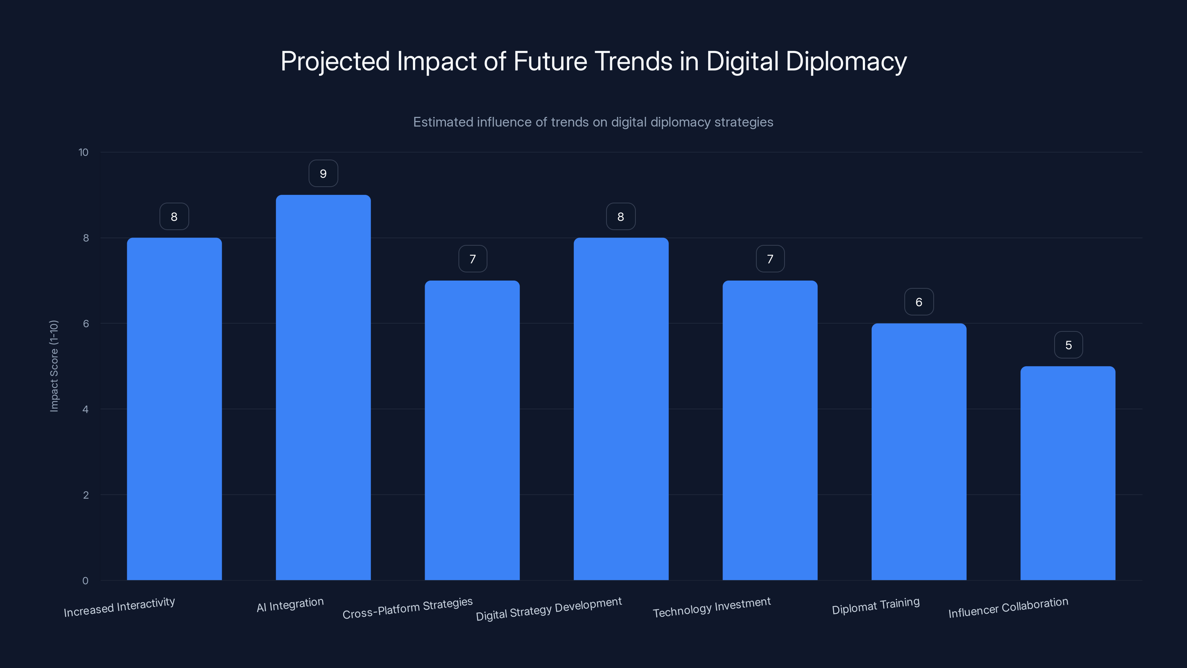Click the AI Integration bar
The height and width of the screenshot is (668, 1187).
(323, 387)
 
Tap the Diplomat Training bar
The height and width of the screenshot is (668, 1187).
(919, 452)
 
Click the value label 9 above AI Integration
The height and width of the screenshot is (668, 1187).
(323, 174)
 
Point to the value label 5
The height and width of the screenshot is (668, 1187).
(1068, 345)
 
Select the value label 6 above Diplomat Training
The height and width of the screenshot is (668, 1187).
(919, 302)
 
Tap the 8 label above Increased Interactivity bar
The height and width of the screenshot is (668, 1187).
(174, 217)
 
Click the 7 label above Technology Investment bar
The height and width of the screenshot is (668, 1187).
(770, 259)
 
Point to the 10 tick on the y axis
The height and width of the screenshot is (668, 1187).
(83, 153)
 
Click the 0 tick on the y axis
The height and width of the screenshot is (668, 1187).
(85, 581)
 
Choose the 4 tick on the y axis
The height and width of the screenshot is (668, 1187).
(85, 409)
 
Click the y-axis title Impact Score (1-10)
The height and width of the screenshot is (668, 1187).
(54, 366)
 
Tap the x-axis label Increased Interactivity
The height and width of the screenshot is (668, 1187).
(119, 607)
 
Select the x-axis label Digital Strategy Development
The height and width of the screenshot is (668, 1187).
(549, 609)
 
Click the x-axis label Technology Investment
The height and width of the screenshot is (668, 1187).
(712, 607)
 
